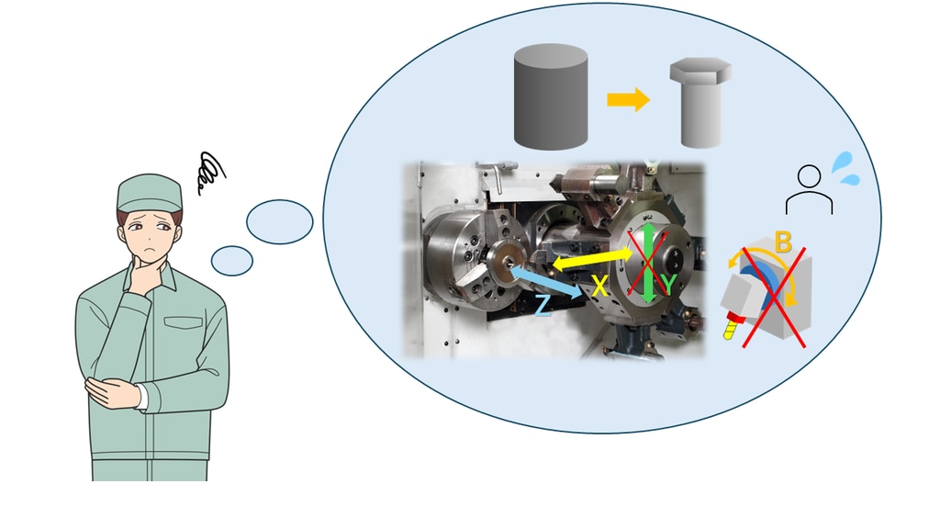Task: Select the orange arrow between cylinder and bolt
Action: coord(628,99)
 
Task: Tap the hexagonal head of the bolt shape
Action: coord(700,72)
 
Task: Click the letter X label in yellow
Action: coord(600,287)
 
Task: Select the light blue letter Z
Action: coord(543,305)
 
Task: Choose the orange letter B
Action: coord(783,243)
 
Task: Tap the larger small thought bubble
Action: coord(280,221)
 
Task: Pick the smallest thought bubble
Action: coord(231,261)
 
